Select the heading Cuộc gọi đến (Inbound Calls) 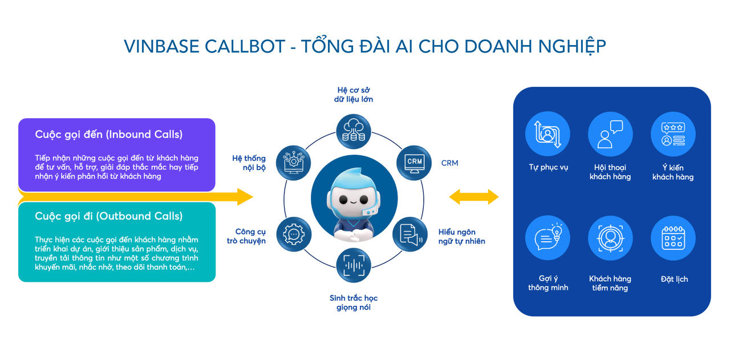pyautogui.click(x=108, y=134)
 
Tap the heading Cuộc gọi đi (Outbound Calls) pyautogui.click(x=108, y=216)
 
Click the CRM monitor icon pyautogui.click(x=414, y=162)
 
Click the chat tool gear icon pyautogui.click(x=294, y=234)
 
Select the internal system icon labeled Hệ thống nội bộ pyautogui.click(x=294, y=162)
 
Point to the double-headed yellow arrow pyautogui.click(x=473, y=197)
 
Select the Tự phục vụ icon pyautogui.click(x=547, y=134)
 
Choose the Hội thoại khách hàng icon pyautogui.click(x=610, y=134)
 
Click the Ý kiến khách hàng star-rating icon pyautogui.click(x=673, y=134)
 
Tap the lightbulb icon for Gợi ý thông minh pyautogui.click(x=547, y=238)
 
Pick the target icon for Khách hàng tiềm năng pyautogui.click(x=610, y=238)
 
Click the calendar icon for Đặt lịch pyautogui.click(x=673, y=238)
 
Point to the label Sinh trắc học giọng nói pyautogui.click(x=354, y=302)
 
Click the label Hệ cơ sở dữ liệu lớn pyautogui.click(x=354, y=95)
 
